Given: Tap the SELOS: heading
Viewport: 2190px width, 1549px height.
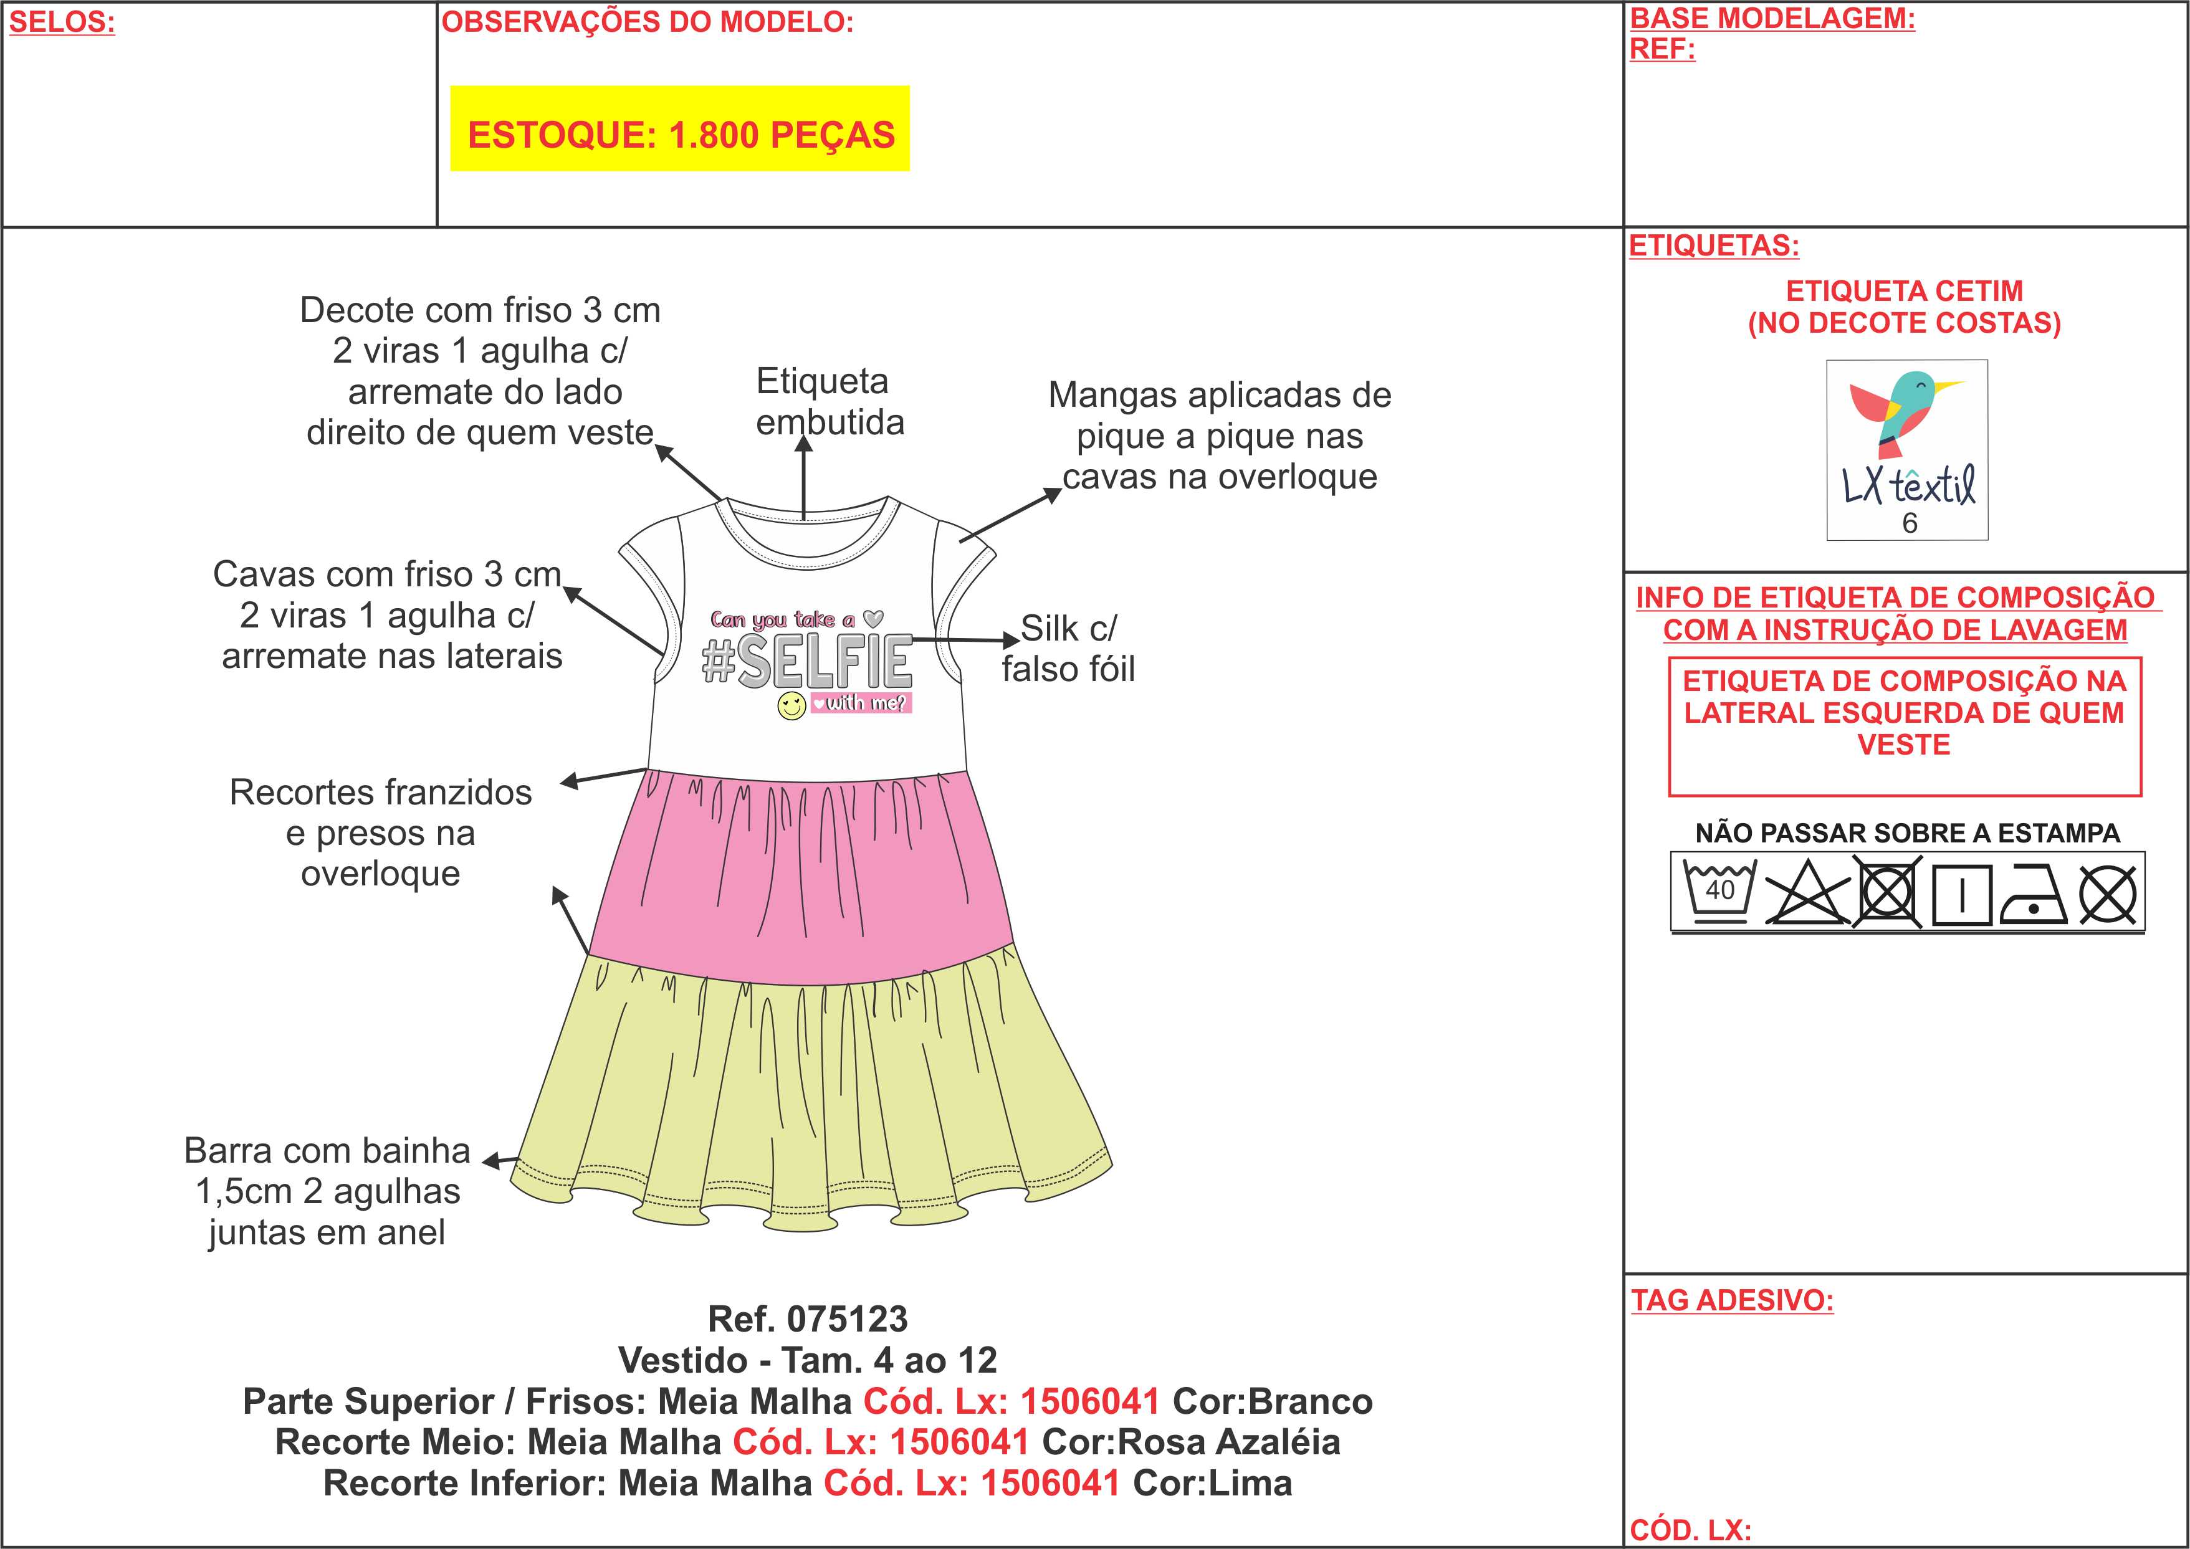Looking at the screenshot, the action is tap(62, 23).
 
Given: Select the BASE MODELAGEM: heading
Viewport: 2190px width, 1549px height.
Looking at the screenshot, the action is tap(1772, 18).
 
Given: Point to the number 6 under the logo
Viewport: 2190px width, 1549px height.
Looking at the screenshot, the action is tap(1910, 523).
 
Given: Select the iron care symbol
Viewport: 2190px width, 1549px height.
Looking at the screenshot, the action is tap(2032, 895).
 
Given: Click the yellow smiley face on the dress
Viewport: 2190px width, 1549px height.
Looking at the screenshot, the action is tap(791, 707).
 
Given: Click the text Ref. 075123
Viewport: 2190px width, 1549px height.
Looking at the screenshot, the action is tap(808, 1319).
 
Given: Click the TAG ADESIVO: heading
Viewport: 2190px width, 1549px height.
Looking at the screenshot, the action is tap(1732, 1301).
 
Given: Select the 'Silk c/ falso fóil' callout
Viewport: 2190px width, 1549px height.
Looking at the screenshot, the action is tap(1068, 649).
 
